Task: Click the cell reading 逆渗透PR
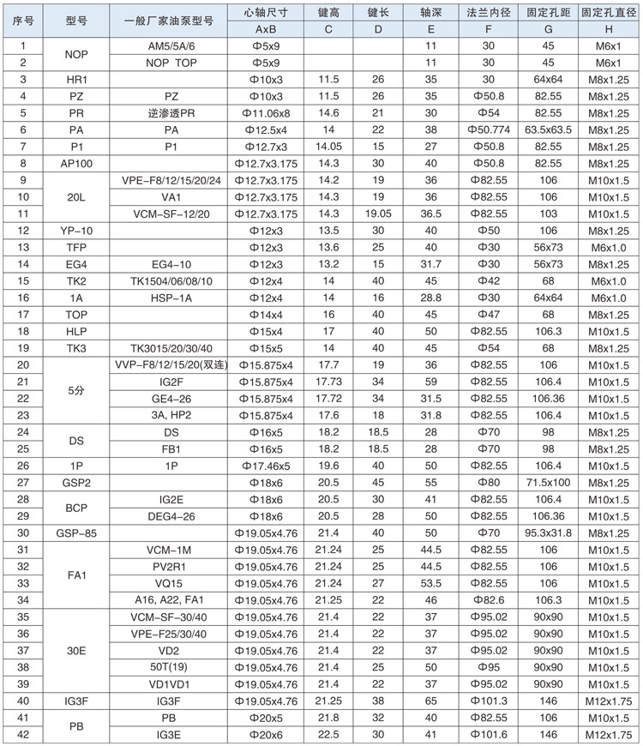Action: point(169,112)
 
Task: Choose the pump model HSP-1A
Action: point(169,297)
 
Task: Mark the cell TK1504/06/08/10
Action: point(169,280)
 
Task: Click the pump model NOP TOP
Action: point(169,63)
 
